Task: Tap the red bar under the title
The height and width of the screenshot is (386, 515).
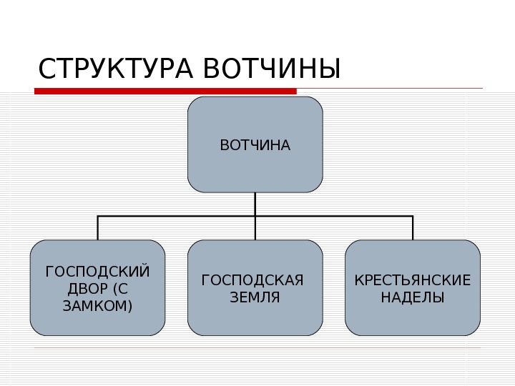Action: click(x=165, y=91)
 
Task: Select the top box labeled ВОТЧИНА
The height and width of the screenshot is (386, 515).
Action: click(x=255, y=172)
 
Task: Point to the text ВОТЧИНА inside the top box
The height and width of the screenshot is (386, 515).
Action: click(x=255, y=146)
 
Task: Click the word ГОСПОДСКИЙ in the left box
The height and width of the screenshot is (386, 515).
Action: click(x=98, y=272)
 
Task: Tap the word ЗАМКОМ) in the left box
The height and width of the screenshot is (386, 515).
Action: click(x=98, y=305)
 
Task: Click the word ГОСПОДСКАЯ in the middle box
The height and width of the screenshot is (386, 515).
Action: click(x=253, y=279)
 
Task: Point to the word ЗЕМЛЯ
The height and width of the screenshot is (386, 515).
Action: click(x=255, y=297)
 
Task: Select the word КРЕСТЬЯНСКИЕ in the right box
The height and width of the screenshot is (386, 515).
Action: click(x=413, y=279)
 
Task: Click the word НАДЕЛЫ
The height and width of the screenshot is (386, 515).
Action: click(x=413, y=297)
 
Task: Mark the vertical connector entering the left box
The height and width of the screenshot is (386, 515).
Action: click(x=98, y=228)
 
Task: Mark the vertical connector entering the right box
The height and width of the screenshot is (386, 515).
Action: click(x=413, y=228)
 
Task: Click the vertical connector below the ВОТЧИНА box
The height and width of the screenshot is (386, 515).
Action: click(x=255, y=203)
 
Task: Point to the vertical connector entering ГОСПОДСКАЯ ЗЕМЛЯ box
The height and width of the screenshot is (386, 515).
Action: click(x=255, y=229)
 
